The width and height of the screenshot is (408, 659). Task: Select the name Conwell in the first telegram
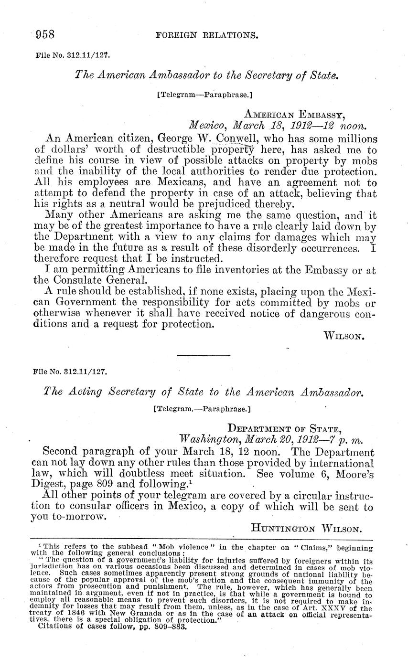[232, 139]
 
